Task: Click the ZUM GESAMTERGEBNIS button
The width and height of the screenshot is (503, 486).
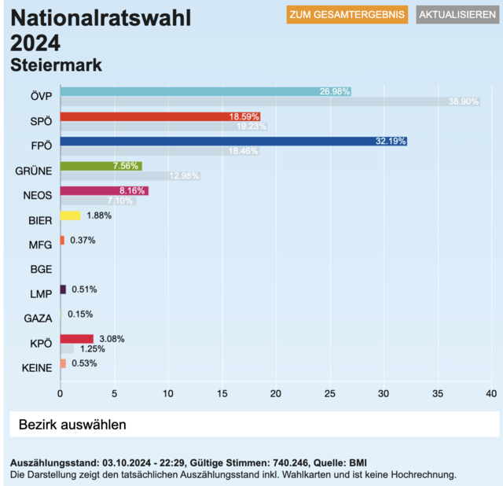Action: click(x=347, y=15)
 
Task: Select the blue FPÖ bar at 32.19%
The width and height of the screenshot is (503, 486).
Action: click(x=233, y=142)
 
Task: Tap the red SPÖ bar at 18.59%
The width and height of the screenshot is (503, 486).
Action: click(x=160, y=116)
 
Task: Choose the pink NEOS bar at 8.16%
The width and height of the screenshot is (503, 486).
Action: click(x=104, y=191)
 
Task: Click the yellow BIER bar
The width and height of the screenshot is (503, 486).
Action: click(x=70, y=215)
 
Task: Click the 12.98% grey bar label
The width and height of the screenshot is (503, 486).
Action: click(x=184, y=175)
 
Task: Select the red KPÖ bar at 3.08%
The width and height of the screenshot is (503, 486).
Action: click(x=76, y=339)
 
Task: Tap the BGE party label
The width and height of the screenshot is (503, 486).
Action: click(x=41, y=269)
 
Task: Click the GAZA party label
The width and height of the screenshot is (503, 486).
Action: click(x=39, y=318)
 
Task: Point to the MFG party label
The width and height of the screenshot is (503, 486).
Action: click(x=40, y=245)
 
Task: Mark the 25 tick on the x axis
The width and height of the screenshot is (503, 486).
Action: click(x=329, y=392)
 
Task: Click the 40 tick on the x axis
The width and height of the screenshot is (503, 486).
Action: click(x=491, y=392)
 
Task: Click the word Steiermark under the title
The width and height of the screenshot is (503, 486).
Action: click(x=56, y=64)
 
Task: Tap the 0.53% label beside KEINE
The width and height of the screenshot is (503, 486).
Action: click(x=83, y=363)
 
